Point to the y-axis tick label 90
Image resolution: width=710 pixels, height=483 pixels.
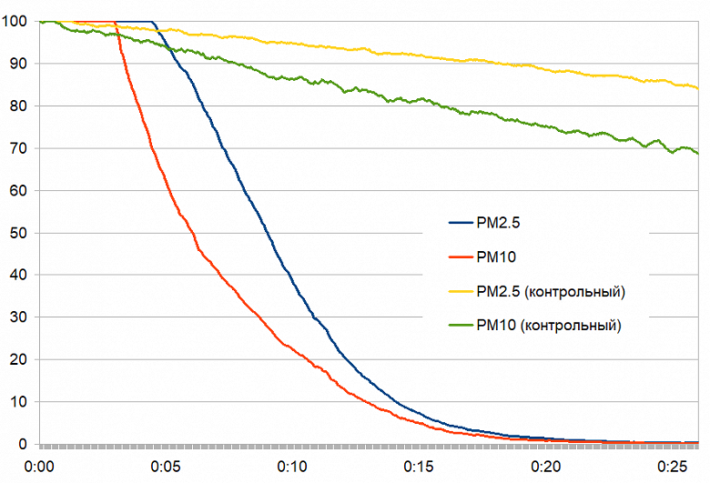(x=15, y=64)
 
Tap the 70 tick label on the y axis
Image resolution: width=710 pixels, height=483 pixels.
(x=15, y=148)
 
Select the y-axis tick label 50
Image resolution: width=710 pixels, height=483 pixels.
(x=15, y=233)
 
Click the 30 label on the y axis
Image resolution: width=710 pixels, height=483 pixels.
(x=15, y=317)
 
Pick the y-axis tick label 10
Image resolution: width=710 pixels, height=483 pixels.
(x=15, y=402)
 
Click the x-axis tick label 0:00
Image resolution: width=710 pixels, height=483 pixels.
(x=40, y=467)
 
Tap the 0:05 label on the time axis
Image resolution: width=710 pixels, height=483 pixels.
(x=167, y=467)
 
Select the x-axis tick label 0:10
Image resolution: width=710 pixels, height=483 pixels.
(x=293, y=467)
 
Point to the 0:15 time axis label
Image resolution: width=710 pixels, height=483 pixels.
(x=420, y=467)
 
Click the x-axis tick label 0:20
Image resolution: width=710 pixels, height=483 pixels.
(x=546, y=467)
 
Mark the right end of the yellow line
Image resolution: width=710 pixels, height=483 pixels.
(x=697, y=88)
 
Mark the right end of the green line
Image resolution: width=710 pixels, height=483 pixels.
(x=697, y=153)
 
